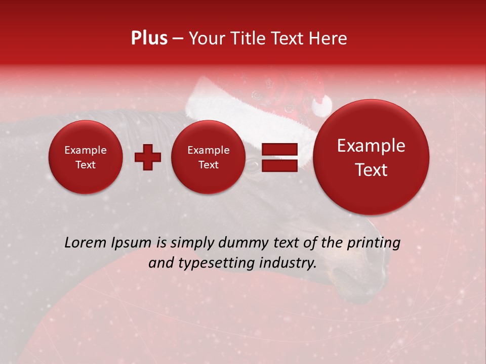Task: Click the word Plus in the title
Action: coord(149,38)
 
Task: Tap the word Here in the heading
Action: coord(328,38)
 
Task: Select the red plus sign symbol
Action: coord(147,157)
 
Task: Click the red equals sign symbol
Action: coord(279,157)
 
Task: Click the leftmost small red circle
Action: coord(86,157)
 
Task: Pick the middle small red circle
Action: coord(209,157)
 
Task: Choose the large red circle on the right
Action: coord(371,157)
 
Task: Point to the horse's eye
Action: coord(252,163)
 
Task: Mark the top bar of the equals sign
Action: coord(279,149)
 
